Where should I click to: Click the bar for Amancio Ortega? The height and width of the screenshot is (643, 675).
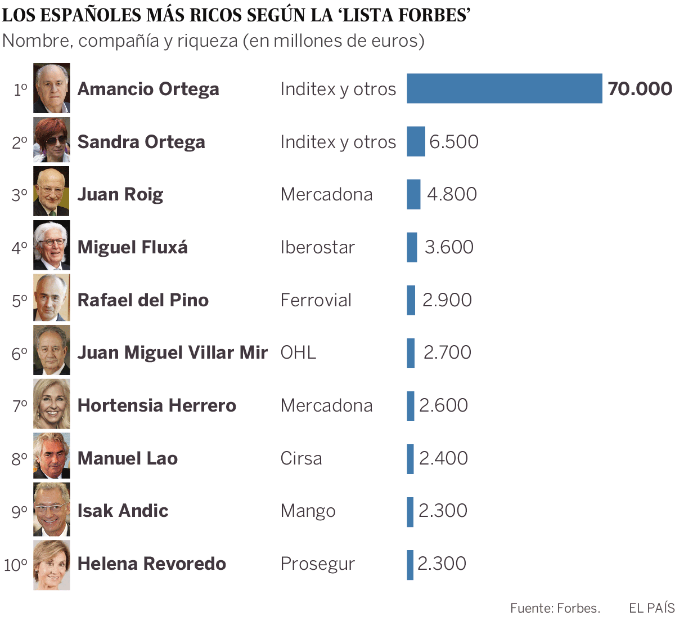pyautogui.click(x=504, y=88)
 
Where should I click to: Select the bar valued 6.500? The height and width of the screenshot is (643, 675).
pyautogui.click(x=416, y=141)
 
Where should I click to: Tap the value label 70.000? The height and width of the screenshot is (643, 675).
pyautogui.click(x=640, y=88)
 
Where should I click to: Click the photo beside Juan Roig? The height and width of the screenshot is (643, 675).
pyautogui.click(x=51, y=191)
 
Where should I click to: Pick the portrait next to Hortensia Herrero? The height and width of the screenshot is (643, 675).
pyautogui.click(x=51, y=404)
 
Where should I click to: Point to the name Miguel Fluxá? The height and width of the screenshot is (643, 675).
pyautogui.click(x=132, y=247)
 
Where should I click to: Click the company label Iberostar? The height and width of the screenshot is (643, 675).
pyautogui.click(x=317, y=247)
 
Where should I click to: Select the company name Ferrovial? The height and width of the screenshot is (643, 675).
pyautogui.click(x=316, y=300)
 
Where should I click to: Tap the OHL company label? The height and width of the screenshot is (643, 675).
pyautogui.click(x=298, y=352)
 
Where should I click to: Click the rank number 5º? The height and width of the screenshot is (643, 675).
pyautogui.click(x=20, y=301)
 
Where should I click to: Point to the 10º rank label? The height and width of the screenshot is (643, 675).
pyautogui.click(x=16, y=565)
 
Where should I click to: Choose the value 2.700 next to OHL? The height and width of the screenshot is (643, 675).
pyautogui.click(x=447, y=352)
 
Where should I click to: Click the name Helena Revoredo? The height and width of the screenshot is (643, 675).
pyautogui.click(x=151, y=564)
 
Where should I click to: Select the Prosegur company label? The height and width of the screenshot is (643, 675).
pyautogui.click(x=317, y=564)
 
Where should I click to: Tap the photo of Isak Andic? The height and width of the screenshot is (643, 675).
pyautogui.click(x=51, y=510)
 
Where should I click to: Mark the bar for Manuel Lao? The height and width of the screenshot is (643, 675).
pyautogui.click(x=410, y=458)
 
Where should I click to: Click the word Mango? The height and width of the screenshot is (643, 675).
pyautogui.click(x=308, y=511)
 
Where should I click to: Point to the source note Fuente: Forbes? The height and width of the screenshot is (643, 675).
pyautogui.click(x=555, y=608)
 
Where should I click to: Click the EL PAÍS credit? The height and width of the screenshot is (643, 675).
pyautogui.click(x=651, y=608)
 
